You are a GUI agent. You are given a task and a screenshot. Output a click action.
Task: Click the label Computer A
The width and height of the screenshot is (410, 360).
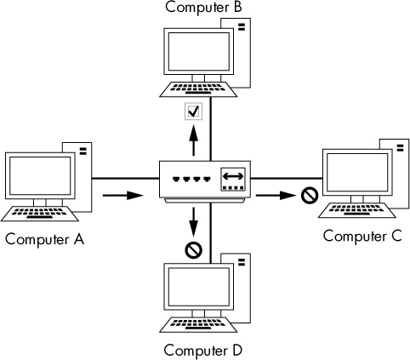point(44,239)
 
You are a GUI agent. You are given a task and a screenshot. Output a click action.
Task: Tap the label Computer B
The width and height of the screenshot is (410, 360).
point(203,7)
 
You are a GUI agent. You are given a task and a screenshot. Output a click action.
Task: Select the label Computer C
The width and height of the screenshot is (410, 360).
point(362,236)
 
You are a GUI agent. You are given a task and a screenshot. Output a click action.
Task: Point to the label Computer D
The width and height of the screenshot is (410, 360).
point(203,350)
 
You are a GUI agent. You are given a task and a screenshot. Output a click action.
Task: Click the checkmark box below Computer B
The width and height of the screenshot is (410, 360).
point(194,111)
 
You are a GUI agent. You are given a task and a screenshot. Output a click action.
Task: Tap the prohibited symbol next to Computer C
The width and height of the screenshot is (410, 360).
point(310,195)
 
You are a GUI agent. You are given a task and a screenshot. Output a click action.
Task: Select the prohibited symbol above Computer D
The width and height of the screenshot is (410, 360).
point(194,250)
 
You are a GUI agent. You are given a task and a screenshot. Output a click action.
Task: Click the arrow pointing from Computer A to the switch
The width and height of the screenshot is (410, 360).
point(122,196)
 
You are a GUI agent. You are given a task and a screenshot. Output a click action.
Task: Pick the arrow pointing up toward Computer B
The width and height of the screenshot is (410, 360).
point(194,140)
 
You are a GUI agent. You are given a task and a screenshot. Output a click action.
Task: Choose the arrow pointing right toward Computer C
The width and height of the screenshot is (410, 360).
point(276,196)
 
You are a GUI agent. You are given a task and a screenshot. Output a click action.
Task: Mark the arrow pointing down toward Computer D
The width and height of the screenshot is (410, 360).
point(194,222)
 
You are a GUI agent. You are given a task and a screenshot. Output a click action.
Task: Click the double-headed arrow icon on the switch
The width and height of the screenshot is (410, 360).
point(233,176)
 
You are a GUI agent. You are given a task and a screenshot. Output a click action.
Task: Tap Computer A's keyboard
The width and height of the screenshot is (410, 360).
point(40,214)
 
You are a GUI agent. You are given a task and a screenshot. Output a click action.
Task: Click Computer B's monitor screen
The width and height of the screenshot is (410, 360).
point(199,52)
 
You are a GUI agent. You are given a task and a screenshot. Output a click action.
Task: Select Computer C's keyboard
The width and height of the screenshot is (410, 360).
point(357,210)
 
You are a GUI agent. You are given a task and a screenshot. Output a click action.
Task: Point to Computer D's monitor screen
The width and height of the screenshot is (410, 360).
point(199,287)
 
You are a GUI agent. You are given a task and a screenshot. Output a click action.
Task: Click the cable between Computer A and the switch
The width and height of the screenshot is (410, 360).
point(126,179)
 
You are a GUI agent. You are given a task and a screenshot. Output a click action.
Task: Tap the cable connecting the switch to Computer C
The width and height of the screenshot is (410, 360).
point(287,179)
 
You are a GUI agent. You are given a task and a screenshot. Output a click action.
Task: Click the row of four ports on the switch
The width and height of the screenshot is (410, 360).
point(192,180)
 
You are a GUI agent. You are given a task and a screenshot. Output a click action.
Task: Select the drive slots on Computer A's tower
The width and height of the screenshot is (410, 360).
point(83,151)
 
